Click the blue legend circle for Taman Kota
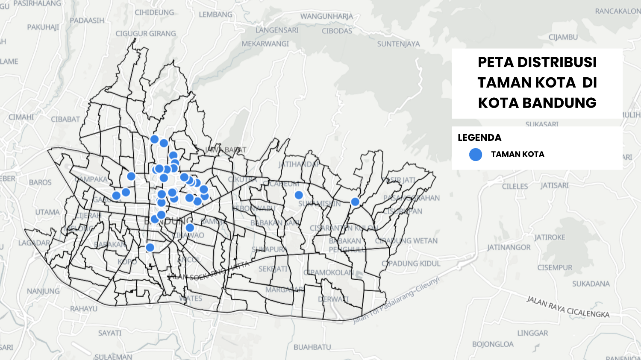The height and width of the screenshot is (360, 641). pos(475,154)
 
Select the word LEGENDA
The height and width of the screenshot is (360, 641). pos(479,138)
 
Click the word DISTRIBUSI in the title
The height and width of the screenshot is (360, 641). pos(557,62)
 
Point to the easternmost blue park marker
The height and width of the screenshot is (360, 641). pos(355,202)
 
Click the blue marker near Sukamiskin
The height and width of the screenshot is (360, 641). pos(299,195)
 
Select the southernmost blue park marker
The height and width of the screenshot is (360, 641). pos(150,247)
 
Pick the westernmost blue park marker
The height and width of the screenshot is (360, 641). pos(116,196)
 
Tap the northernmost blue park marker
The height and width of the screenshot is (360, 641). pos(155,139)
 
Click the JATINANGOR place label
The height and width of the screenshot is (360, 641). pos(509,247)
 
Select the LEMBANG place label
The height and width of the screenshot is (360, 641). pos(215,15)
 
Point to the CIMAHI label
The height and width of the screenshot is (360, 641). pos(21,117)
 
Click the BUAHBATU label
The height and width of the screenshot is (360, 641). pos(312,347)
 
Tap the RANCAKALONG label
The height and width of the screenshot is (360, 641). pos(617,11)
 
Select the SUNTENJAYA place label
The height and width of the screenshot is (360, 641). pos(398,44)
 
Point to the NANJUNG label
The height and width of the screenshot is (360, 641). pos(43,291)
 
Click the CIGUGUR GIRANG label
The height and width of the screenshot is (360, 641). pos(145,33)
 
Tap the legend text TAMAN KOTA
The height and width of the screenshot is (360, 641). pos(518,154)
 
